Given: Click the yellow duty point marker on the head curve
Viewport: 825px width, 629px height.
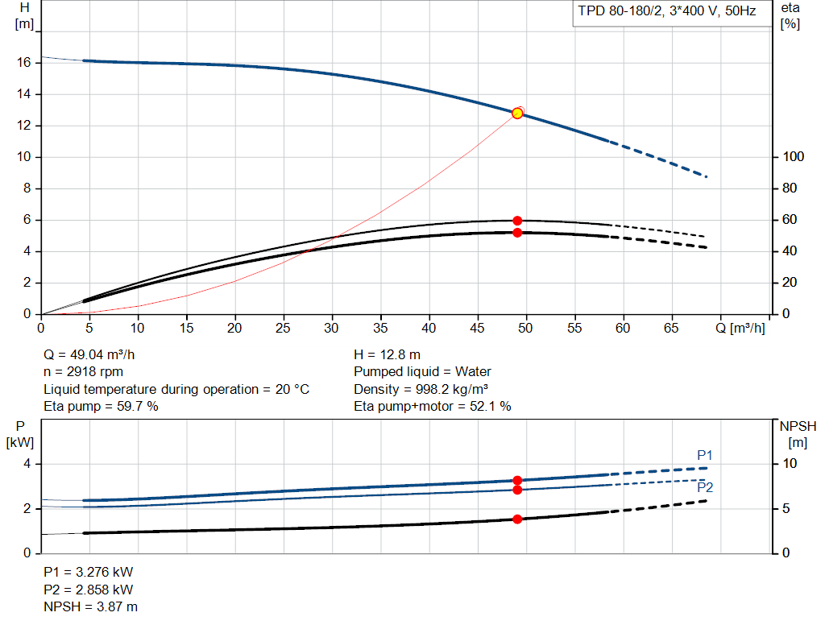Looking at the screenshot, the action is coord(517,113).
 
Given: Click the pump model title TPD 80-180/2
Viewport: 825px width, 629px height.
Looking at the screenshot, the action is coord(620,11).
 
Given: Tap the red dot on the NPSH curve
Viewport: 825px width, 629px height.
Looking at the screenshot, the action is coord(517,519).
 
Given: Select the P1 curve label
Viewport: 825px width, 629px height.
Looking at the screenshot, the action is coord(704,455).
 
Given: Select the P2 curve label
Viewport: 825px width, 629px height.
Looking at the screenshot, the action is coord(705,487).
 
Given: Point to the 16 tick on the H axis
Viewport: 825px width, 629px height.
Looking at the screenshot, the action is coord(23,63).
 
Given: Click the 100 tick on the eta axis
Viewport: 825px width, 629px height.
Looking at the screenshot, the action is coord(793,157).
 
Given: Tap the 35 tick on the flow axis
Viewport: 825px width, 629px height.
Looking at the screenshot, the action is coord(380,328).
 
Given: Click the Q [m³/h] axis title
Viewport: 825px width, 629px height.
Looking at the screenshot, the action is coord(740,328).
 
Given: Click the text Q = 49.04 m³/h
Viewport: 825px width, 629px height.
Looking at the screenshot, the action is coord(89,355).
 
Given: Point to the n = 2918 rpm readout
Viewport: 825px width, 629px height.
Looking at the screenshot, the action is coord(83,372).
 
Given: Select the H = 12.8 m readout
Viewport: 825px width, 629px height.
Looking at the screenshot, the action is coord(388,355).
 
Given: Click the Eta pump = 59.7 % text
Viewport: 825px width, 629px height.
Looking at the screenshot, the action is coord(101,407).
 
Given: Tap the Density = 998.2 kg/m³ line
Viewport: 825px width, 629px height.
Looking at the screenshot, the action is coord(421,389).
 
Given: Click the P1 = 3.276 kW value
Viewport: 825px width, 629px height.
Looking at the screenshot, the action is coord(89,572).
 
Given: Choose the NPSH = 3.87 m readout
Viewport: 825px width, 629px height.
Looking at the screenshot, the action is coord(90,607).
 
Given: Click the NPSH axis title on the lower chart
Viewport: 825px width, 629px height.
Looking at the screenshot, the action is coord(798,434).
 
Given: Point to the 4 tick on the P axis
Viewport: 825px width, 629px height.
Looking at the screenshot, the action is coord(27,464).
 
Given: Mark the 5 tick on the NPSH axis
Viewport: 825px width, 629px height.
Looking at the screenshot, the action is coord(786,508).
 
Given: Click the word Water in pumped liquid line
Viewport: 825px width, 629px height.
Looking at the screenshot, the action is coord(473,372).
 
